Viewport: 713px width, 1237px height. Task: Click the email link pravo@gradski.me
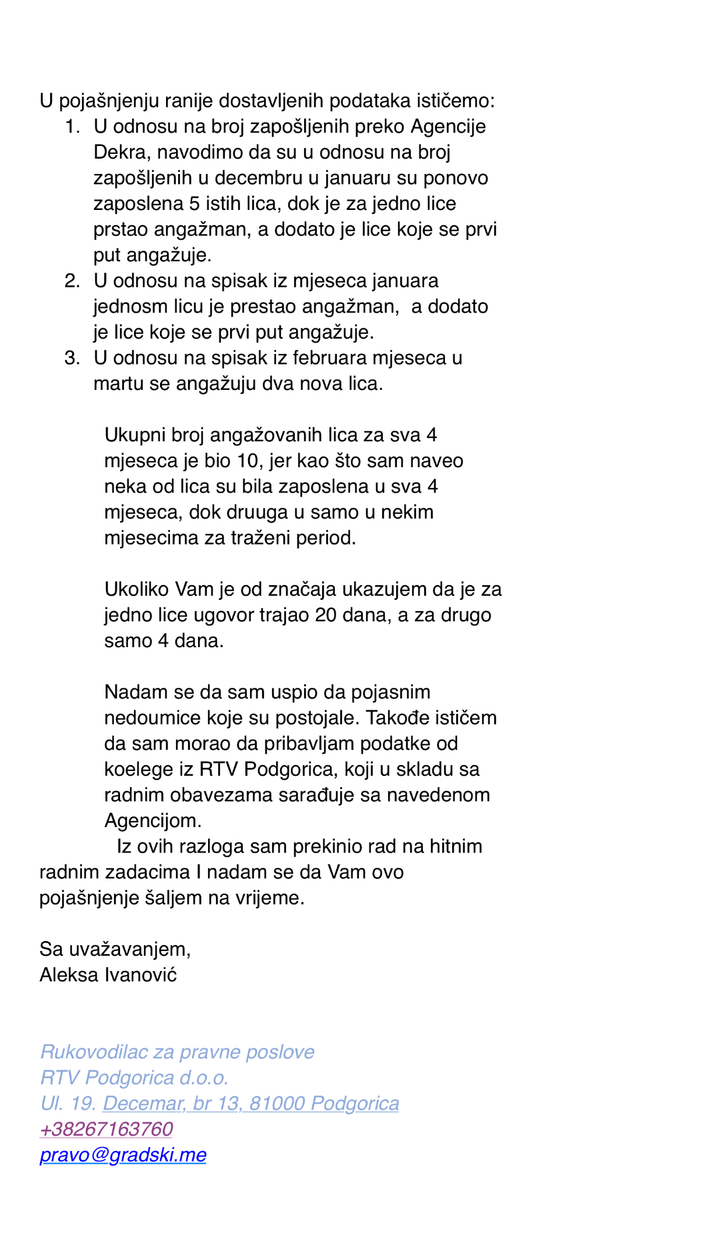point(123,1154)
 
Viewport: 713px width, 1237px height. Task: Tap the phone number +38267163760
point(106,1128)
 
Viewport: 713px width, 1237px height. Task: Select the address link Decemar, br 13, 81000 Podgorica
point(251,1103)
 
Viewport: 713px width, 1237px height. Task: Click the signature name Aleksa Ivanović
point(108,974)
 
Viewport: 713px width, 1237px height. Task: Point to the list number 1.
point(72,127)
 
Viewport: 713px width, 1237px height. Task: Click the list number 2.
point(72,281)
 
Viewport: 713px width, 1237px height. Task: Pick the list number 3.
point(72,358)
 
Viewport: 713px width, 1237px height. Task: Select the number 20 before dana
point(325,615)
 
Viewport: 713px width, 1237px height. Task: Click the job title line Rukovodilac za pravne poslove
point(177,1052)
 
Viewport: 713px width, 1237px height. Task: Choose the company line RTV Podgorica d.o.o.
point(134,1077)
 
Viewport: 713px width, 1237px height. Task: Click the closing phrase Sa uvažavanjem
point(115,949)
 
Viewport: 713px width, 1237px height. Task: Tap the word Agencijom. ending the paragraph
point(153,820)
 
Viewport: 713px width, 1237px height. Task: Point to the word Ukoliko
point(137,589)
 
